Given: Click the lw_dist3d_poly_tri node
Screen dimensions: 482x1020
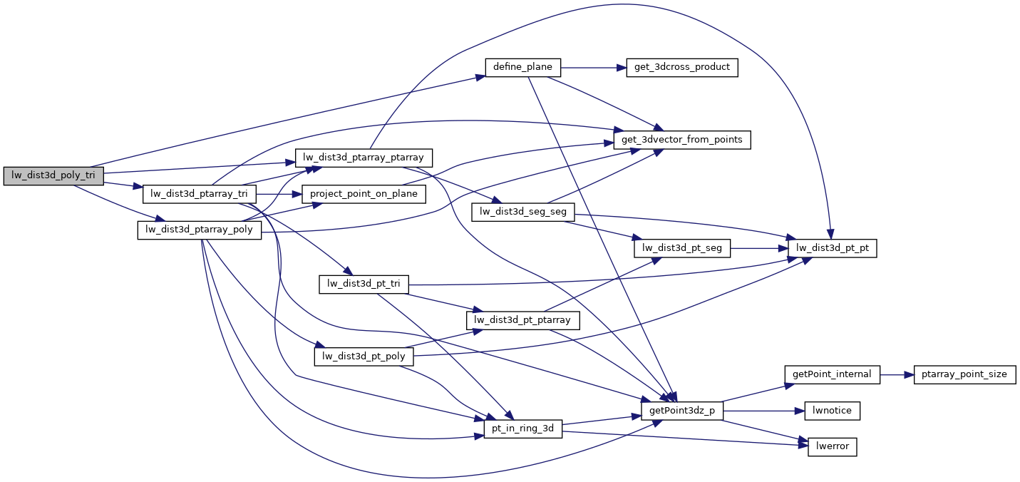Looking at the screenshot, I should coord(53,175).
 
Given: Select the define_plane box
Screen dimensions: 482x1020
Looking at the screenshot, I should coord(523,68).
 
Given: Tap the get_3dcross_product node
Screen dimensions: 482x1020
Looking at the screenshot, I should coord(681,68).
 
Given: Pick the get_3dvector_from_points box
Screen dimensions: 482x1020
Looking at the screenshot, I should coord(682,140).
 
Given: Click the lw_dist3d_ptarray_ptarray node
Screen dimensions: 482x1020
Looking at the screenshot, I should coord(364,158).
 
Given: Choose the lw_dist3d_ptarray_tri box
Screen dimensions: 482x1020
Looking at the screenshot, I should coord(199,193).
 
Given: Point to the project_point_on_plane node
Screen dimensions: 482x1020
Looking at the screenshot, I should coord(364,193).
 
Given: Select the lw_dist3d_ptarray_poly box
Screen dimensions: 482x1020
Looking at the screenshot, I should coord(200,230).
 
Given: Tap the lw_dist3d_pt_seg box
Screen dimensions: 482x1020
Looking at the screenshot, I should coord(682,248).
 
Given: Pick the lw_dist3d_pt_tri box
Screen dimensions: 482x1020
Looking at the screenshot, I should coord(364,284).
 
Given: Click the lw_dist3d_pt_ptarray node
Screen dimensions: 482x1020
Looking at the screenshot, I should coord(523,320).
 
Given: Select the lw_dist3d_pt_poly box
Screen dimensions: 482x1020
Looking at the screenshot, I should coord(364,356).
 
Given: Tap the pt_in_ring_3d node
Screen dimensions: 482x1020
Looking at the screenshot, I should coord(523,429).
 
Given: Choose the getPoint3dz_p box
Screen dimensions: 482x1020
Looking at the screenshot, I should coord(682,411).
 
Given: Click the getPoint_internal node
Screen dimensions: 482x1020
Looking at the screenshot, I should coord(833,374).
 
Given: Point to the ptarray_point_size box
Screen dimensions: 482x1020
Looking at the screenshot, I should coord(964,374).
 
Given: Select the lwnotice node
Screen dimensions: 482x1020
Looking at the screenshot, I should coord(833,411).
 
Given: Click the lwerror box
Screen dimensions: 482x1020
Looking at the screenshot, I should coord(833,447).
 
